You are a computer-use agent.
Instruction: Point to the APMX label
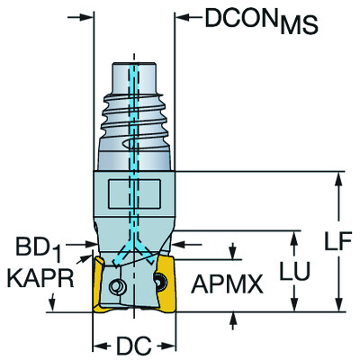[x=227, y=286]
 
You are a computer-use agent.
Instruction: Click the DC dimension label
[x=132, y=346]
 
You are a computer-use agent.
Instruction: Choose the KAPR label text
[x=40, y=274]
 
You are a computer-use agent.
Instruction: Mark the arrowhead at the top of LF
[x=338, y=176]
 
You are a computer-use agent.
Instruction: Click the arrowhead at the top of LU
[x=296, y=237]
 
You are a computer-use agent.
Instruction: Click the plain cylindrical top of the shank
[x=132, y=76]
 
